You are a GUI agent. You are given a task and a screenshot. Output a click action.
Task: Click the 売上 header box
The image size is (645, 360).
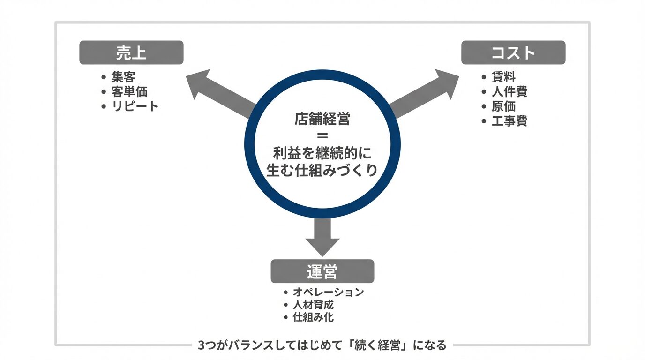click(x=131, y=52)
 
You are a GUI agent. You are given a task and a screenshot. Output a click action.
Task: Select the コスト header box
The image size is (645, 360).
click(x=513, y=52)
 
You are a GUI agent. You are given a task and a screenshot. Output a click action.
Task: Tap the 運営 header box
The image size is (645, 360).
click(x=322, y=271)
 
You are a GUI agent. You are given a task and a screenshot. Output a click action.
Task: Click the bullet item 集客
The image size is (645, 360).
click(x=123, y=76)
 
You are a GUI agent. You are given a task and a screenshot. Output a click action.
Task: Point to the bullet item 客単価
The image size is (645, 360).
click(x=129, y=91)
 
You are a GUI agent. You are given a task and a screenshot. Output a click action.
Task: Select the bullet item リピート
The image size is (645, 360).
click(x=135, y=106)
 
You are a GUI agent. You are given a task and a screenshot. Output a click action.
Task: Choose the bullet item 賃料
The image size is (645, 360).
click(x=503, y=76)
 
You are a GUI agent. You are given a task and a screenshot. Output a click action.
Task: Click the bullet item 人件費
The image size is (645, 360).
click(x=510, y=91)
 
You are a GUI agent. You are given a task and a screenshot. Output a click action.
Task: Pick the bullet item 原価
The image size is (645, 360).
click(x=503, y=106)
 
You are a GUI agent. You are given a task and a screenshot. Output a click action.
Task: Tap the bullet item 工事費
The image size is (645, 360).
click(x=510, y=121)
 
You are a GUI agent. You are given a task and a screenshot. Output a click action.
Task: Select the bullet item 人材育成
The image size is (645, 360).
click(x=313, y=305)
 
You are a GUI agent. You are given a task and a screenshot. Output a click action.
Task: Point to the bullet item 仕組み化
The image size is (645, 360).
click(x=313, y=317)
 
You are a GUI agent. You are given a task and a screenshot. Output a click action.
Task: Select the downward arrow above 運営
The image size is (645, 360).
click(x=322, y=237)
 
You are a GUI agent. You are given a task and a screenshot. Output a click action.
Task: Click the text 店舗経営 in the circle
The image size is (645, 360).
click(x=322, y=119)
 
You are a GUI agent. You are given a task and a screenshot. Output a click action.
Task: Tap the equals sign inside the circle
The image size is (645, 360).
click(x=322, y=136)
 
